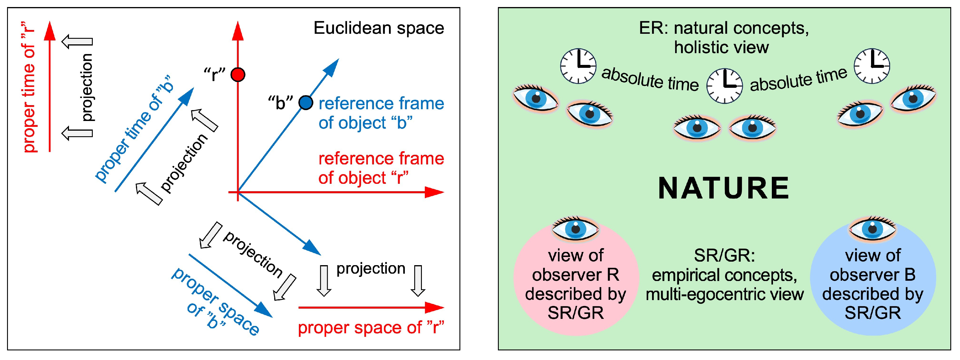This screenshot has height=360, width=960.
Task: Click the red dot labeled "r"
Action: tap(238, 75)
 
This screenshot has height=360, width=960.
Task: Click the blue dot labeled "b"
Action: tap(306, 102)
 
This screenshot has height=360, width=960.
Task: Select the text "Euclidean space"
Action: tap(379, 28)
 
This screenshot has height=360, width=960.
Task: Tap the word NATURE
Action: tap(723, 188)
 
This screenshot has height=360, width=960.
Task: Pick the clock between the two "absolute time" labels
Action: tap(725, 86)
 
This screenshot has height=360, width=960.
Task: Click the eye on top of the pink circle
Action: tap(575, 228)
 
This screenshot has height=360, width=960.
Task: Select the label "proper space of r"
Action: tap(371, 328)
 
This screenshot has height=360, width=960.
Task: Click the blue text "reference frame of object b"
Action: tap(381, 113)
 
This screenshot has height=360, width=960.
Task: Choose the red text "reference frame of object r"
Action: tap(381, 168)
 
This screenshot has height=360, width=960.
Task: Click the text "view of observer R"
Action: tap(575, 265)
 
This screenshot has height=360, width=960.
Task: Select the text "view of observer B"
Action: tap(873, 265)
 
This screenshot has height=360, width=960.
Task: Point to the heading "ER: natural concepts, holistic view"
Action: tap(723, 37)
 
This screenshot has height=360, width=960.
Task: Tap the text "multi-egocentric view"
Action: tap(725, 294)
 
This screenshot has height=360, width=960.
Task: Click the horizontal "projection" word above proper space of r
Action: tap(370, 268)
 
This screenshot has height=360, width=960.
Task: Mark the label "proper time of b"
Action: tap(134, 129)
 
